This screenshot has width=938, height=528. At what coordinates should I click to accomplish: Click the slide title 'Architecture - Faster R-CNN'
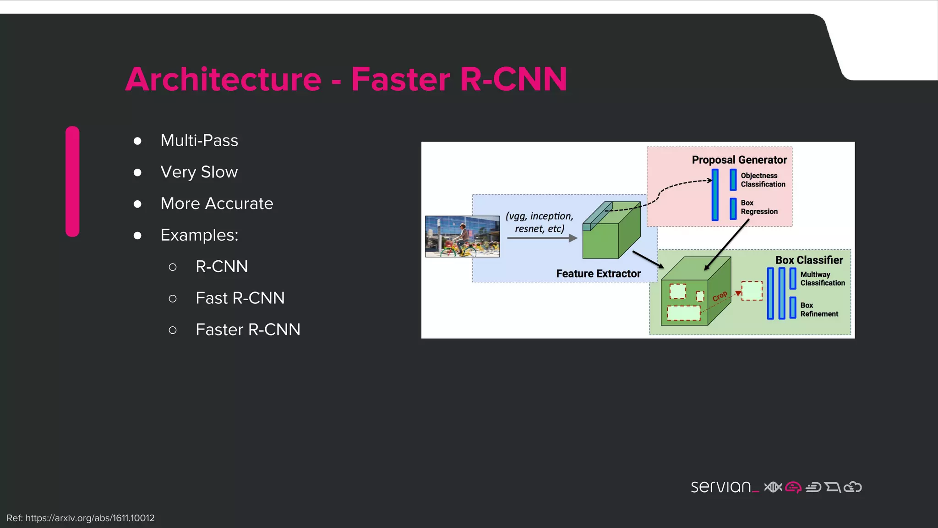click(x=346, y=79)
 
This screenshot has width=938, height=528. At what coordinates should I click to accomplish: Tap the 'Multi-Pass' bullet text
click(x=199, y=140)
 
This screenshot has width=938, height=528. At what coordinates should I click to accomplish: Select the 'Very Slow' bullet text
click(x=199, y=172)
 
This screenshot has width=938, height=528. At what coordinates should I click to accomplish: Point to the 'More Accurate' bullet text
click(x=217, y=203)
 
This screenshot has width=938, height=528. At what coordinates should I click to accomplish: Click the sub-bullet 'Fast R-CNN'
click(x=240, y=298)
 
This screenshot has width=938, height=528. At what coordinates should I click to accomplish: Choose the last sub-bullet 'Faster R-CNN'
click(x=248, y=330)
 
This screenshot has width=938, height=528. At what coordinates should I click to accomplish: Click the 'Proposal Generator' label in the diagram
click(x=739, y=160)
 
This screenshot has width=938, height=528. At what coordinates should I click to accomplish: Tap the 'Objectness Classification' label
click(x=763, y=180)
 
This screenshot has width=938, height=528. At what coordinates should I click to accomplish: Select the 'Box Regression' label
click(x=759, y=207)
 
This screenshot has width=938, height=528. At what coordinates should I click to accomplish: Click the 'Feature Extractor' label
click(x=598, y=274)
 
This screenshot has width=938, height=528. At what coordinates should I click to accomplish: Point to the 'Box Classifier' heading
click(x=809, y=260)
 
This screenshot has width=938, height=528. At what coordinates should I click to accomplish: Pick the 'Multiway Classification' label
click(x=822, y=279)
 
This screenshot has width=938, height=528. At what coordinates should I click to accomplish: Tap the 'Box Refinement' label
click(x=819, y=309)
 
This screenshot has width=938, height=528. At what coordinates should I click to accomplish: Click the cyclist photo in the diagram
click(x=462, y=236)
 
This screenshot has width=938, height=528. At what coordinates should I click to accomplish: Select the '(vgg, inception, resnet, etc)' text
click(x=540, y=222)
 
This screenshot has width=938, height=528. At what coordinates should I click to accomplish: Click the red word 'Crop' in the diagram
click(x=720, y=296)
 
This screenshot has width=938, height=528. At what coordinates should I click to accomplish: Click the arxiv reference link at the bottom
click(x=81, y=518)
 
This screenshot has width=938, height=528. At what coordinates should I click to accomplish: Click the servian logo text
click(x=721, y=487)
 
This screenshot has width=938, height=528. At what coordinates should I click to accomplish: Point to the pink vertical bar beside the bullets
click(x=72, y=181)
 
